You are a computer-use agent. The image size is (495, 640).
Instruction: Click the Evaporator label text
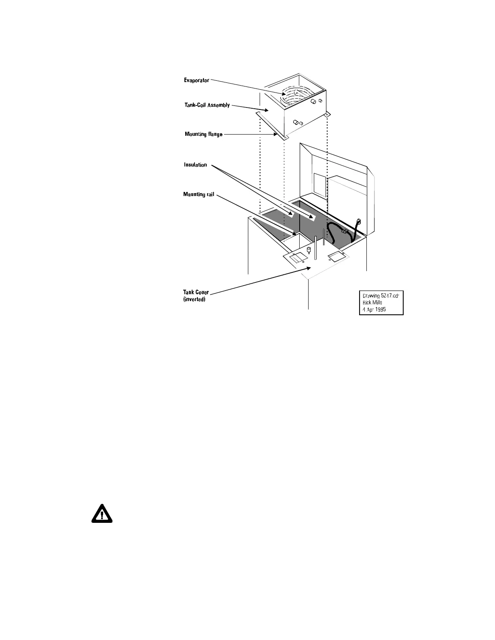pos(197,80)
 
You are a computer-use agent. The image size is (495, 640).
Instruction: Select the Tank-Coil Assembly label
pos(207,105)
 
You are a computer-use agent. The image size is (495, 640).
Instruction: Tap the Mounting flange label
pos(203,134)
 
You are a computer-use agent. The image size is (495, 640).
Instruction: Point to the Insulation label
pos(195,165)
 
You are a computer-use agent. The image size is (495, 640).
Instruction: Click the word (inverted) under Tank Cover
pos(194,299)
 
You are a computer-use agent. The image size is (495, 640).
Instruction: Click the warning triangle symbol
pos(102,514)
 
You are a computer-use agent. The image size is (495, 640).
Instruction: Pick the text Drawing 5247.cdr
pos(381,296)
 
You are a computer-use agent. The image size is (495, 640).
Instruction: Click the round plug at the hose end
pos(358,221)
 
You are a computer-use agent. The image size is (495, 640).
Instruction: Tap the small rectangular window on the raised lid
pos(319,185)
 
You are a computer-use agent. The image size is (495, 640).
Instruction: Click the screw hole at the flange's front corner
pos(286,137)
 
